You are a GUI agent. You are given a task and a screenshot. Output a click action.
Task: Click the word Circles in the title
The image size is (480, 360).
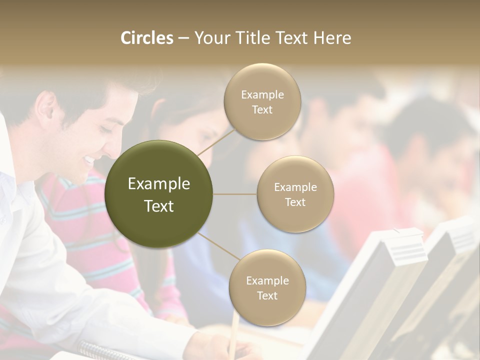[146, 38]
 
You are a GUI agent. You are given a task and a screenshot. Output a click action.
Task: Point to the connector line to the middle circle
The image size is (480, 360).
[235, 194]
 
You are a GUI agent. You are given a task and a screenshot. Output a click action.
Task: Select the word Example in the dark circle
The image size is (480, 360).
[159, 184]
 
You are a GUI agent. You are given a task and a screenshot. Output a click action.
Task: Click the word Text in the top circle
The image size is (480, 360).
[262, 110]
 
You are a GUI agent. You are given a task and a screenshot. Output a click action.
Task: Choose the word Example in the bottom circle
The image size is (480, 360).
[267, 280]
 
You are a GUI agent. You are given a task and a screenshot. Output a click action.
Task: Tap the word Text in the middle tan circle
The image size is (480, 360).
[295, 202]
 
